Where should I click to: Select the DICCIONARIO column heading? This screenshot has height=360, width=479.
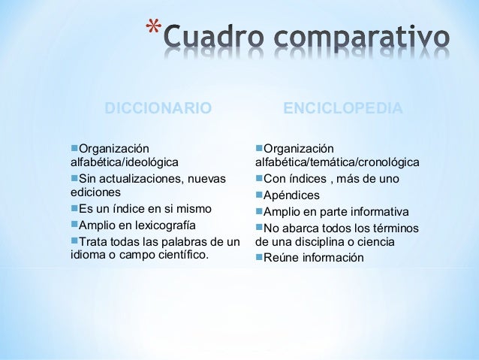point(158,109)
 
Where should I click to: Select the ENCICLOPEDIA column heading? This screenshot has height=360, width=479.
point(342,109)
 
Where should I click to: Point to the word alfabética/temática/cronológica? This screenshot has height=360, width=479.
point(337,162)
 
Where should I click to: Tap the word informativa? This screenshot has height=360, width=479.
point(373,211)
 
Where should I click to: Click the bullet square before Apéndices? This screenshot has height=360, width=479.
point(259,195)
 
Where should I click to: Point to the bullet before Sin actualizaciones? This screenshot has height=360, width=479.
point(74,178)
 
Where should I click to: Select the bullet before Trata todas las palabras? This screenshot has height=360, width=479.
point(74,241)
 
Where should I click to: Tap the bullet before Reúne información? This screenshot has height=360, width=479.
point(259,258)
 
